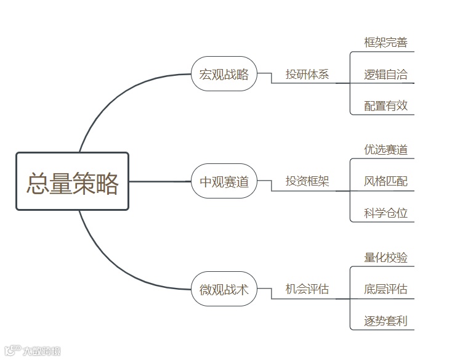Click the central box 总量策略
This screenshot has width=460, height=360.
point(72,182)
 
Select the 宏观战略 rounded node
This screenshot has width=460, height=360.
point(224,74)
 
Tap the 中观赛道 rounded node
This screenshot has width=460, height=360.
point(224,181)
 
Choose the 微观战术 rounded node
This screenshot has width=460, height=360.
point(224,288)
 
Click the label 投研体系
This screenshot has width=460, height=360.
point(307,75)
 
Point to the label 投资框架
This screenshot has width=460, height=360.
point(307,181)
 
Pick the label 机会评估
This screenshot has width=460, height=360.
point(307,288)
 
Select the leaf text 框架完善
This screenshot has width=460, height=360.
point(385,43)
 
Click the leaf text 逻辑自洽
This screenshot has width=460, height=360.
point(385,75)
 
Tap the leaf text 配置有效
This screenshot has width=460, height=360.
point(385,106)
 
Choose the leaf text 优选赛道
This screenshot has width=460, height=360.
point(385,150)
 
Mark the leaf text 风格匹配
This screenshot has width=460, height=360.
point(385,181)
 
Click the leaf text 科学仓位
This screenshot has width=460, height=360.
point(385,213)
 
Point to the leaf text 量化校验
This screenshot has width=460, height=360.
point(385,257)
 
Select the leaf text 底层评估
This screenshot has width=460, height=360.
point(385,289)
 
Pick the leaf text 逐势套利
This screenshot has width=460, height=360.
point(385,321)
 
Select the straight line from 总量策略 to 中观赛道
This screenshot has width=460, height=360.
point(160,181)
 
